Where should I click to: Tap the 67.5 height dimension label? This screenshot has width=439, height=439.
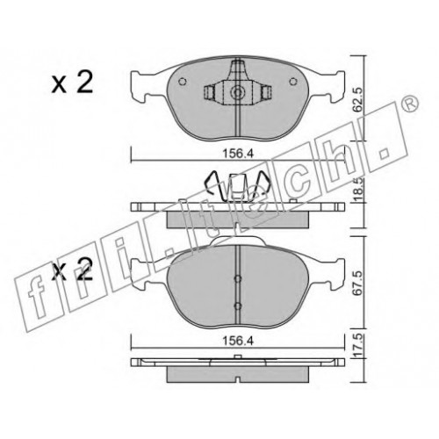(358, 283)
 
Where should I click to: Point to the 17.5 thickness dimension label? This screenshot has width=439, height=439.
(358, 347)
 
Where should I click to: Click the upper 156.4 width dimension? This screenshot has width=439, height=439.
(237, 154)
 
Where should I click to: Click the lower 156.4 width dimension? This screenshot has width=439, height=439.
(237, 341)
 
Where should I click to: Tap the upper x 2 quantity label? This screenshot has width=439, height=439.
(72, 83)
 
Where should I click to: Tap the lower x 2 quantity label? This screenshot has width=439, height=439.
(72, 269)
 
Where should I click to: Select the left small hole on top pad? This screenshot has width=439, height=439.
(182, 82)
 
